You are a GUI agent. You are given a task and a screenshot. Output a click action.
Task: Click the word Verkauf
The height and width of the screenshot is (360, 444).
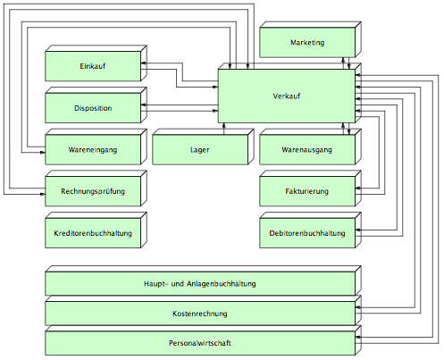click(x=287, y=96)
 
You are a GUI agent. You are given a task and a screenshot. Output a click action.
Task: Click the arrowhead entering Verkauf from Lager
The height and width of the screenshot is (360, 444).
click(x=224, y=125)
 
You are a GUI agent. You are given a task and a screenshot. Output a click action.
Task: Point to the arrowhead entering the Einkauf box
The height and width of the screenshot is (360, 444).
click(x=143, y=63)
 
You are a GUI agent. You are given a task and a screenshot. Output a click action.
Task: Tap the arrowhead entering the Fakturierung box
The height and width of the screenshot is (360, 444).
click(x=358, y=188)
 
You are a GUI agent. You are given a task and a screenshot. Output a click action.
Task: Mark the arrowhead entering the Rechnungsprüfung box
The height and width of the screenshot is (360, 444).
click(x=43, y=194)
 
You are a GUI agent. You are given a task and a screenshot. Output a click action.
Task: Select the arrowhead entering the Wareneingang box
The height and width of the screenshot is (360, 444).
click(x=43, y=153)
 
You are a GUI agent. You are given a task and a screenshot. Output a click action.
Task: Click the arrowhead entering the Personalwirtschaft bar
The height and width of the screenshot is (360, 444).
click(x=358, y=337)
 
